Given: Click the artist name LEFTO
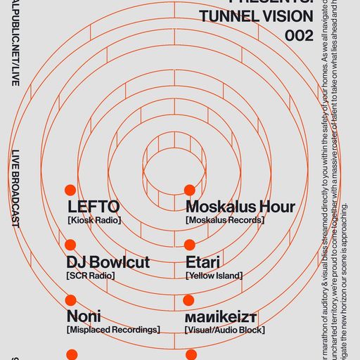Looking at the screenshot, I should coord(94,207).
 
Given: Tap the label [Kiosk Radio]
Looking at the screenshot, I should coord(94,221).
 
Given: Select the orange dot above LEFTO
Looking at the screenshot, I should coord(70,190).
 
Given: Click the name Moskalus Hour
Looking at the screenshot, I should coord(240,207).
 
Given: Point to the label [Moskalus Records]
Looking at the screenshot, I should coord(225,221).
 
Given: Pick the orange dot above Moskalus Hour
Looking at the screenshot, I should coord(189,190).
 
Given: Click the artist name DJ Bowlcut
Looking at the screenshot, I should coord(108,262).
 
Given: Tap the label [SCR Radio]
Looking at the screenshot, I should coord(91,276).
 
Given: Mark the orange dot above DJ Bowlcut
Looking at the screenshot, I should coord(70,245).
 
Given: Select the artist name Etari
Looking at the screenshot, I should coord(203,262).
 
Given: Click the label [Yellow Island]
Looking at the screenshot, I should coord(214,276).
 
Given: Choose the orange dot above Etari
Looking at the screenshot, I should coord(189,245).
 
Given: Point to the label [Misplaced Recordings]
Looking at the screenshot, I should coord(113,330).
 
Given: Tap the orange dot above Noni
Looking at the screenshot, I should coord(70,300).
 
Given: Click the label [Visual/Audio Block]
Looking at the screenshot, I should coord(225,330).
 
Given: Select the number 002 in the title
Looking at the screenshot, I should coord(299,36).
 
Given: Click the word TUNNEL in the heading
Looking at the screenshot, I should coord(226,16).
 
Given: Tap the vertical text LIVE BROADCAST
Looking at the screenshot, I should coord(15,188).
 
